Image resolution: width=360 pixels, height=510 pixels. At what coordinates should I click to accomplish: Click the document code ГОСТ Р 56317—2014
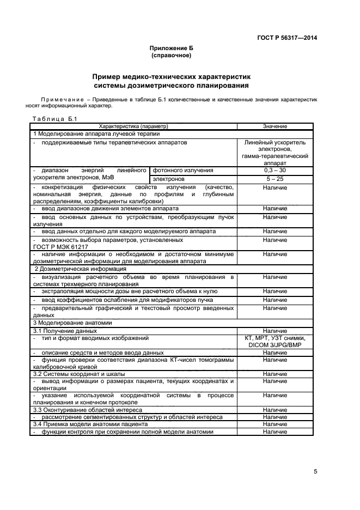[x=286, y=38]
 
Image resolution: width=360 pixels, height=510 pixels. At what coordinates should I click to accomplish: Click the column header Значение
[x=274, y=126]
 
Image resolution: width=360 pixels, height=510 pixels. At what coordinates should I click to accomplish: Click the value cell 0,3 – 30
[x=274, y=171]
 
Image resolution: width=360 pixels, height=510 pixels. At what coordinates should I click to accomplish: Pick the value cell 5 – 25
[x=274, y=179]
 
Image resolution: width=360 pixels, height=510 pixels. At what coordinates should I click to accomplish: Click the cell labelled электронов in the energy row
[x=169, y=179]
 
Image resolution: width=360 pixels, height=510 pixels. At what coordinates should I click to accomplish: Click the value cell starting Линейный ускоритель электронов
[x=275, y=153]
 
